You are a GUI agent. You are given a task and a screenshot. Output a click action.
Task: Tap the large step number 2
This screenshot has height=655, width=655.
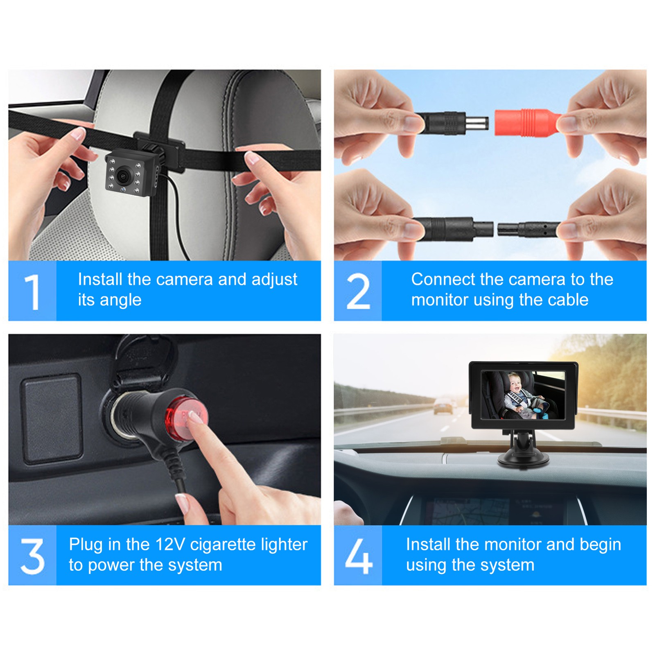click(x=358, y=291)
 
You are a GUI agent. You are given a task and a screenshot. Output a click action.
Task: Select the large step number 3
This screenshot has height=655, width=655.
click(x=32, y=556)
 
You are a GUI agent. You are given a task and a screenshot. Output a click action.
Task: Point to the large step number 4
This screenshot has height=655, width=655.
click(x=359, y=556)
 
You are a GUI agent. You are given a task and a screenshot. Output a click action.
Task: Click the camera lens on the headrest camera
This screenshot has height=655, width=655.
click(x=122, y=176)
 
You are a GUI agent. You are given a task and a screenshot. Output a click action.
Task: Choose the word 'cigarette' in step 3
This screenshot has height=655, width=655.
click(x=223, y=545)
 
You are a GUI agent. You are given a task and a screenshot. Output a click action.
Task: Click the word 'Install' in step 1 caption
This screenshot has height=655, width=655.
click(x=100, y=279)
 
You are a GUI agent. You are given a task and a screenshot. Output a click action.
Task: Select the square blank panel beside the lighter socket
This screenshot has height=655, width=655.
click(x=52, y=419)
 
